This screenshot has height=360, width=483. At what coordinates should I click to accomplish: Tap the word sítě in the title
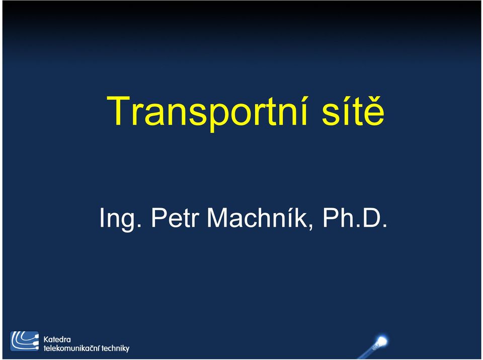coord(353,111)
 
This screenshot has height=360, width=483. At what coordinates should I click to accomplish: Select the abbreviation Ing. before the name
coord(120,219)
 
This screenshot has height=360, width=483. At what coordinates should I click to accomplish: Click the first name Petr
coord(175,218)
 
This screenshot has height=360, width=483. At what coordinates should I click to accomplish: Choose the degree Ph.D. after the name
coord(355,218)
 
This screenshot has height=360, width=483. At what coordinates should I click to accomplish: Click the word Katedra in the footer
coord(57,340)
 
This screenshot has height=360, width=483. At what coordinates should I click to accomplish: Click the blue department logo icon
coord(25,341)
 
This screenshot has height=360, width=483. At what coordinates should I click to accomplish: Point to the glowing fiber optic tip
coord(382,341)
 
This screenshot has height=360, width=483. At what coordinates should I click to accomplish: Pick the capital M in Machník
coord(218,218)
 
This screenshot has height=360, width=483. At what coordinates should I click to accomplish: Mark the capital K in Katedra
coord(46,340)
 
